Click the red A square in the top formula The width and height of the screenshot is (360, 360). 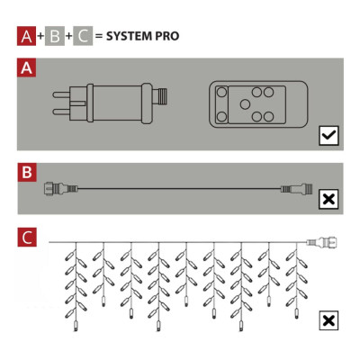(26, 37)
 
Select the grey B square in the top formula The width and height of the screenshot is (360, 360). (56, 37)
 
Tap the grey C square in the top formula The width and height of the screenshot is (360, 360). (84, 37)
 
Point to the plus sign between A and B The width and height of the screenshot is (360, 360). (40, 38)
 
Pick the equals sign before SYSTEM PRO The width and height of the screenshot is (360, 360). (99, 38)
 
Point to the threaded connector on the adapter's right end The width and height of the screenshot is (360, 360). (162, 96)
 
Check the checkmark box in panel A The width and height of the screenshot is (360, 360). (328, 136)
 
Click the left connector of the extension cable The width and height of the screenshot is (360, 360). (57, 189)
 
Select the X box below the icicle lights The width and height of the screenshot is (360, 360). (328, 319)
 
